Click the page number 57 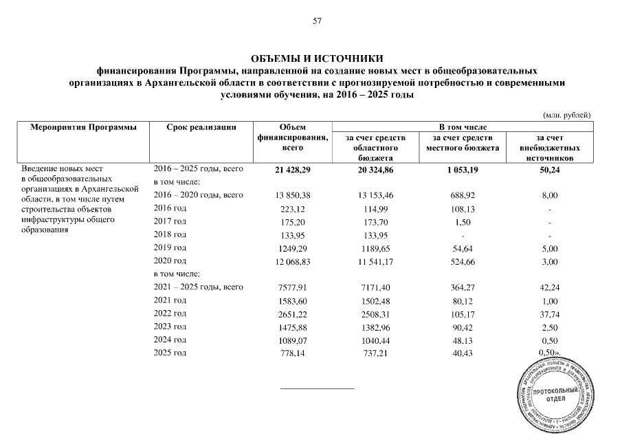(317, 21)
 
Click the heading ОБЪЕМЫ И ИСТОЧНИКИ (317, 60)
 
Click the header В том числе (463, 127)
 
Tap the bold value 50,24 (549, 169)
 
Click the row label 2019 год (170, 247)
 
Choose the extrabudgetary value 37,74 (549, 313)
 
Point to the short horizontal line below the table (317, 389)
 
